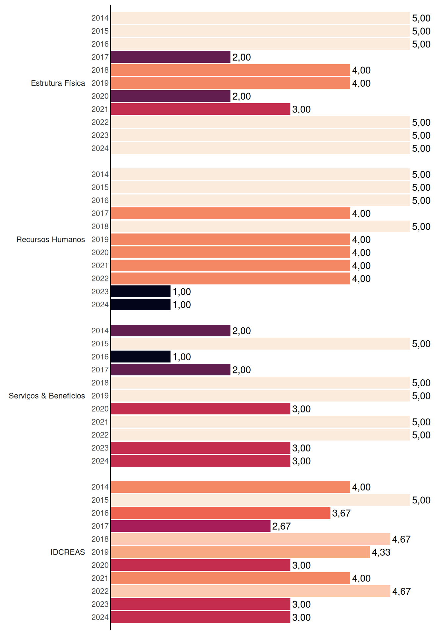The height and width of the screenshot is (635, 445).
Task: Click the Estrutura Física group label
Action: (58, 83)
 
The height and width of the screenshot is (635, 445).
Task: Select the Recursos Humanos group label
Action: (51, 239)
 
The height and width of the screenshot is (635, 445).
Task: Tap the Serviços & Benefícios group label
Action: (47, 396)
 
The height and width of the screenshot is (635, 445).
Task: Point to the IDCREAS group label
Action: (68, 552)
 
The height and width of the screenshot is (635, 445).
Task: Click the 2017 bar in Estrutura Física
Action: (171, 57)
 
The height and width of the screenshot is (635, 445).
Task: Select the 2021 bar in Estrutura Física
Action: (201, 109)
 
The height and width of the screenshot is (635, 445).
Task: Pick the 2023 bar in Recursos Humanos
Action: (141, 291)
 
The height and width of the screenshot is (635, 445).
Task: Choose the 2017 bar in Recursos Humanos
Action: (230, 213)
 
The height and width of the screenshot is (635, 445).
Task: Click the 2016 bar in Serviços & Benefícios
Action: (141, 357)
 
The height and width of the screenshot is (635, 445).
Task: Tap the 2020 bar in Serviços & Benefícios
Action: (201, 409)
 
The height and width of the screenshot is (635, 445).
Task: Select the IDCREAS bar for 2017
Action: (191, 526)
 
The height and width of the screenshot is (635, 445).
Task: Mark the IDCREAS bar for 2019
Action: (240, 552)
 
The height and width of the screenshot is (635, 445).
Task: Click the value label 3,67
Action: (341, 513)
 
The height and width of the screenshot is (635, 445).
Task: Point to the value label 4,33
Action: (381, 552)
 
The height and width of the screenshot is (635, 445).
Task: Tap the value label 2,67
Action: (281, 526)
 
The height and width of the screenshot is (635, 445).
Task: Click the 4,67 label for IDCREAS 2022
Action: (401, 591)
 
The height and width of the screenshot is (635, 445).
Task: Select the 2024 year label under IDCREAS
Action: (100, 617)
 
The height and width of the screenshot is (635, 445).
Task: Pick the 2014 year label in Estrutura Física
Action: (100, 18)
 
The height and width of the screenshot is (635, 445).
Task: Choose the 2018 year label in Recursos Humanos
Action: (100, 226)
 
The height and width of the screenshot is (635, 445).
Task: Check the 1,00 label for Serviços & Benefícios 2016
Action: (182, 357)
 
